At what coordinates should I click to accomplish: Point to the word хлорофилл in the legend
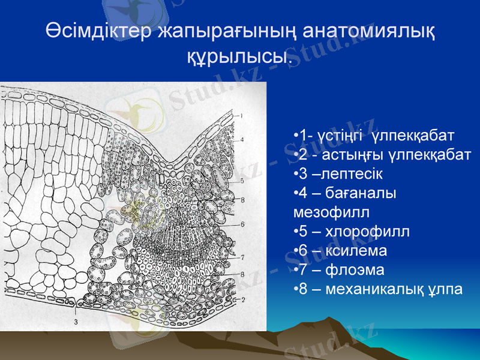click(x=367, y=231)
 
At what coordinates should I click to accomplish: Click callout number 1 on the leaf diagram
click(x=241, y=115)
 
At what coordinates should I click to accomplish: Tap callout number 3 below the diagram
click(x=76, y=322)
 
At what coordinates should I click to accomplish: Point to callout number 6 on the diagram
click(x=242, y=224)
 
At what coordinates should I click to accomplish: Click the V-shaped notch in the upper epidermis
click(x=172, y=162)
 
